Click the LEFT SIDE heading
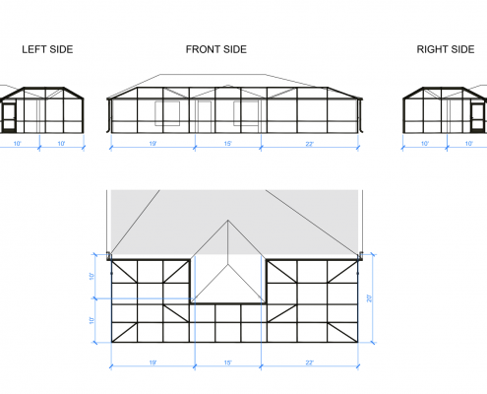pos(47,49)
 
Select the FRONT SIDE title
pos(216,49)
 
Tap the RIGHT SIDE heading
pos(446,49)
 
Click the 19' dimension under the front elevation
pos(152,144)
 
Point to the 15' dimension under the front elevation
pos(228,144)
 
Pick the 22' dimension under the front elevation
pos(310,144)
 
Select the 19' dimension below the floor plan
pos(152,362)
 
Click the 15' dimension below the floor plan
pos(228,362)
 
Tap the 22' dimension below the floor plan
pos(310,362)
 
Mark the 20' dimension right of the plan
pos(370,298)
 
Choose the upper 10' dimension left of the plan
pos(91,276)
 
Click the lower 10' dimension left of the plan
pos(91,320)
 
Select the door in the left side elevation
pos(9,117)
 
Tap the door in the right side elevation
pos(477,117)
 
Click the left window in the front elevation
pos(167,113)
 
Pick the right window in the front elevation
pos(246,113)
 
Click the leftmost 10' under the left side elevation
pos(17,144)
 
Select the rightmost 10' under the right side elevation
pos(469,144)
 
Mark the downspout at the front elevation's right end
pos(360,115)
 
